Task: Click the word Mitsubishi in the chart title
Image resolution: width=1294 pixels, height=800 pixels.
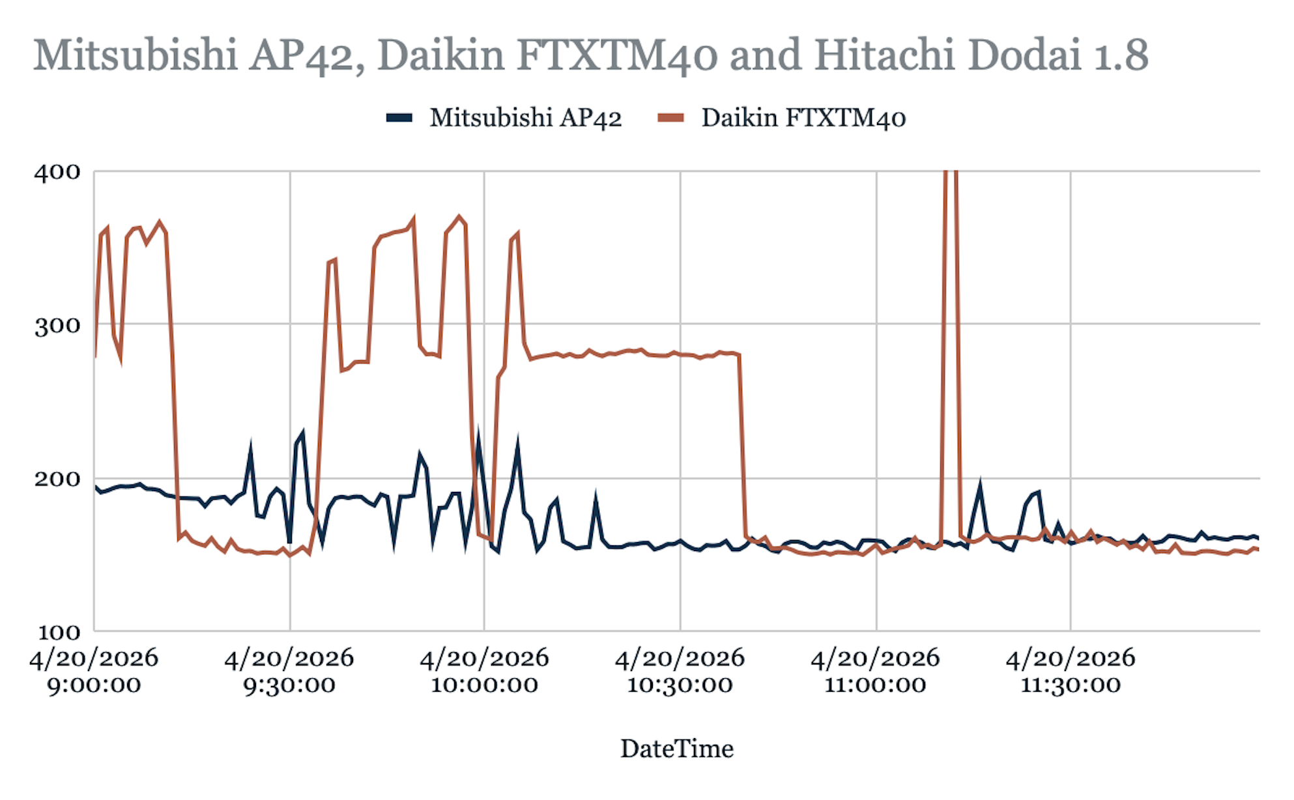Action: (x=135, y=55)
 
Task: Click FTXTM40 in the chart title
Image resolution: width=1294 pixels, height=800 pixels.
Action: (x=617, y=55)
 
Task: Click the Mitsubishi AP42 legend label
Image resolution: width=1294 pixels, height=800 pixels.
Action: (x=526, y=118)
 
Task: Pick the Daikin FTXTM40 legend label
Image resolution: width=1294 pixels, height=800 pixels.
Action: (x=803, y=118)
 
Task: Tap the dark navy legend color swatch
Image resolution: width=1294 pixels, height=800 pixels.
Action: (x=399, y=118)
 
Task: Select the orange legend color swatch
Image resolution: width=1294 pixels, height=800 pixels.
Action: (x=671, y=118)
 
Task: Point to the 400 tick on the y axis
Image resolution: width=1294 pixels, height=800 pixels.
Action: (x=57, y=173)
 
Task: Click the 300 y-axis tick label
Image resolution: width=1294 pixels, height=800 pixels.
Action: (x=57, y=326)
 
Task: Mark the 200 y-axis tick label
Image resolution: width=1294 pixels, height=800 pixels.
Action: (x=57, y=479)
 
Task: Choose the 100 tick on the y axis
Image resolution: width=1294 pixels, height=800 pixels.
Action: (x=59, y=632)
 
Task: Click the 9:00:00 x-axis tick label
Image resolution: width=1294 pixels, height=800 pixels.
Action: (x=94, y=685)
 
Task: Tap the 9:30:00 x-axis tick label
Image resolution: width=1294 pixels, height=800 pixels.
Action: (x=289, y=685)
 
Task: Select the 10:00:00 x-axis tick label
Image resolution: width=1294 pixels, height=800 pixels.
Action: (x=485, y=685)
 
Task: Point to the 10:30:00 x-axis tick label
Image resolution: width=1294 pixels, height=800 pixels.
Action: (x=680, y=685)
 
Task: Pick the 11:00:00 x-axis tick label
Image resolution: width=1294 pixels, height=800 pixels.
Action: (x=875, y=685)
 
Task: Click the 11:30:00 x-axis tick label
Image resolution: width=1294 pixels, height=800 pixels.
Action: (x=1071, y=685)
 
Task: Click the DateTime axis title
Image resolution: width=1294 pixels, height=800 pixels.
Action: (x=677, y=749)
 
